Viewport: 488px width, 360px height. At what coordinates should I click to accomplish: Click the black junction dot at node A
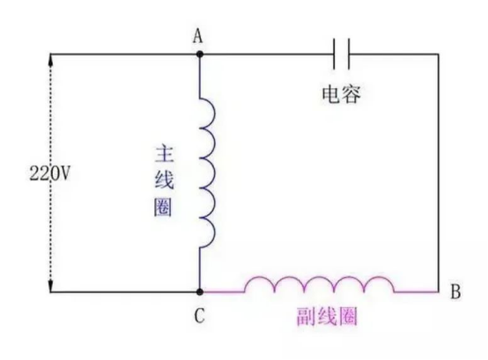point(200,55)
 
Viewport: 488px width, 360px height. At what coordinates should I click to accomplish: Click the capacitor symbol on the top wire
point(342,55)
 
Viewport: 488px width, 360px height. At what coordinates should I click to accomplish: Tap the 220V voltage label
point(49,172)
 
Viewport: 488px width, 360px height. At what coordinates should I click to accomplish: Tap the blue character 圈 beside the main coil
point(163,210)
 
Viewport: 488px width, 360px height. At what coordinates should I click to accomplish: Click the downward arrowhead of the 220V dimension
point(49,286)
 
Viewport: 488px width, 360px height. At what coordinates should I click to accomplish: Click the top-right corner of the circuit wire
point(438,55)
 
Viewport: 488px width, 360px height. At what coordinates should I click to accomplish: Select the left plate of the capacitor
point(336,55)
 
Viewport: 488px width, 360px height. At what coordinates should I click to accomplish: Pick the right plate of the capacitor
point(349,55)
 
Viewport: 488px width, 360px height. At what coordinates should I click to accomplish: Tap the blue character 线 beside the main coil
point(163,181)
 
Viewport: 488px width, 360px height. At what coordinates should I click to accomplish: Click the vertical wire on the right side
point(438,176)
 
